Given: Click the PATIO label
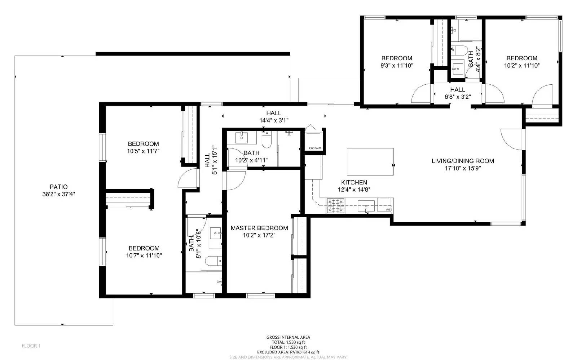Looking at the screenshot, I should tap(58, 187).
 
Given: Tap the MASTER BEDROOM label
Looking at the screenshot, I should tap(259, 228).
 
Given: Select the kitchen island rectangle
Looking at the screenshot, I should tap(370, 161).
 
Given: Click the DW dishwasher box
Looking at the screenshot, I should tap(385, 205).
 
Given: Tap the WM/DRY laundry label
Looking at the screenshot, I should tap(314, 148).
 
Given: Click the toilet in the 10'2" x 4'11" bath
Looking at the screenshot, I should tap(267, 140).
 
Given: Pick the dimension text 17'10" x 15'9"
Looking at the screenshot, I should tap(463, 168).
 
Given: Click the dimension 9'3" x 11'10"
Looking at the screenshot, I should tap(397, 66).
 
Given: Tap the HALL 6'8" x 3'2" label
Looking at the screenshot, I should tap(457, 93).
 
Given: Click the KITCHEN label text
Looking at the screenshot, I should tap(354, 182).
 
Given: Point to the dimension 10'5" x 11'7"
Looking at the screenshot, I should tap(143, 151).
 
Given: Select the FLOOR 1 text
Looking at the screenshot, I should tap(31, 346).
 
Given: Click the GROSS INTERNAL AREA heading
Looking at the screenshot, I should tap(288, 337).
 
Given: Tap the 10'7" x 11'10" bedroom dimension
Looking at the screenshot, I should tap(144, 255).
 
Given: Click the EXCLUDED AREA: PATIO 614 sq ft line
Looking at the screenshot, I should tap(288, 352).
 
